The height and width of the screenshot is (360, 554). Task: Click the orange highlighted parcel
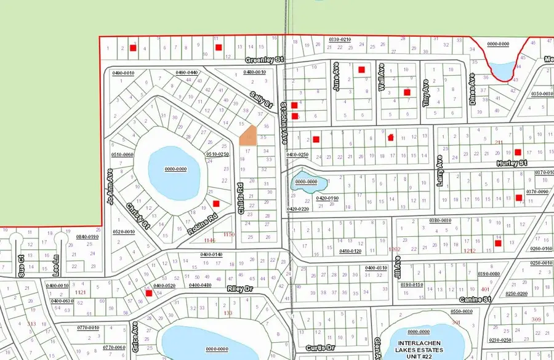coord(247,136)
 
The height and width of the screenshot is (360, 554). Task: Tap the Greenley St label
coord(264,60)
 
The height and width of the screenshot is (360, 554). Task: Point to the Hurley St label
coord(512,163)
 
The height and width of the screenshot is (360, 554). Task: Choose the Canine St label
coord(475,300)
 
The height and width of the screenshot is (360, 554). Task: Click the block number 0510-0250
coord(217,154)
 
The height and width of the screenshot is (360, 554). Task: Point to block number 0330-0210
coord(339,39)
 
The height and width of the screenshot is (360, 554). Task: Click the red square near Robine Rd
coord(215,204)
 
